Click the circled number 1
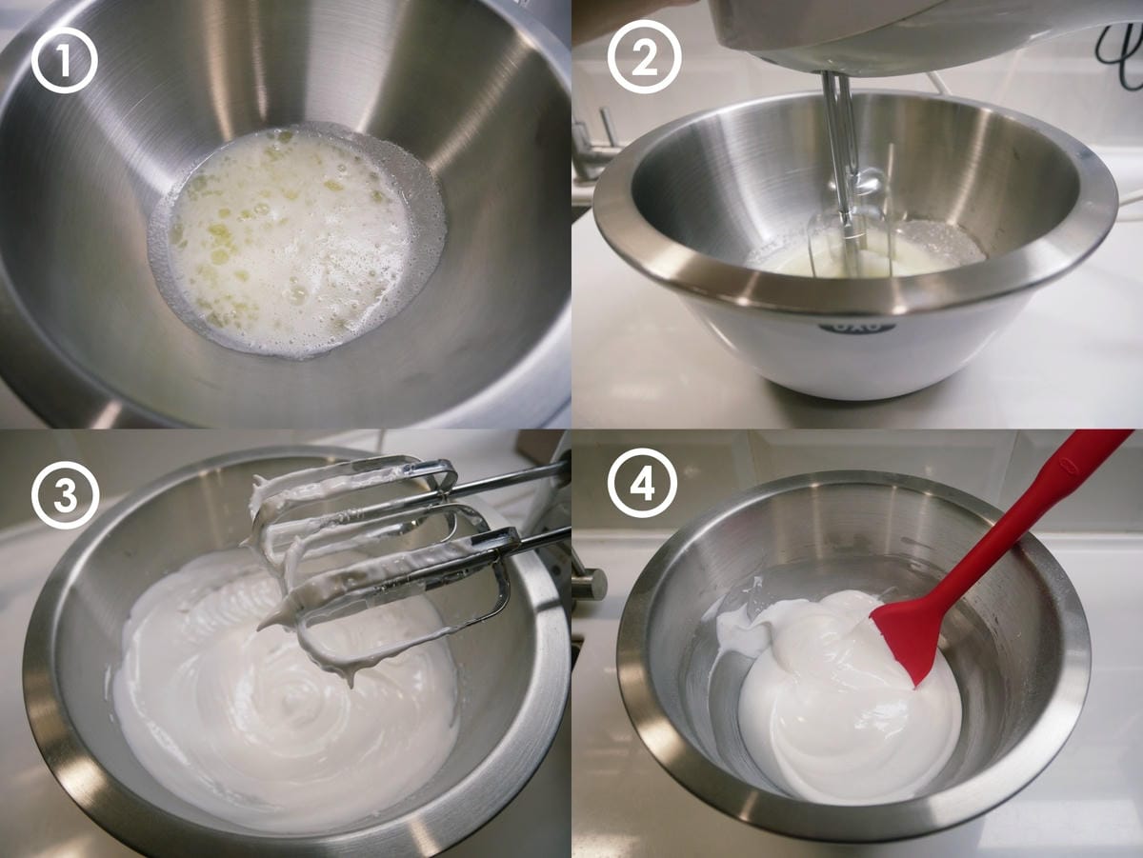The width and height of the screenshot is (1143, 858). click(x=64, y=60)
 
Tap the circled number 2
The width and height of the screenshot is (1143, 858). click(x=644, y=57)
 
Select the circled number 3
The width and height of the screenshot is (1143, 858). click(x=65, y=494)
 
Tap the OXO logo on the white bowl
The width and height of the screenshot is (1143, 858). click(x=857, y=327)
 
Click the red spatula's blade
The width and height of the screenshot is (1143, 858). click(x=910, y=639)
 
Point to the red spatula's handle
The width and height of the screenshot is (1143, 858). click(x=1036, y=515)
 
